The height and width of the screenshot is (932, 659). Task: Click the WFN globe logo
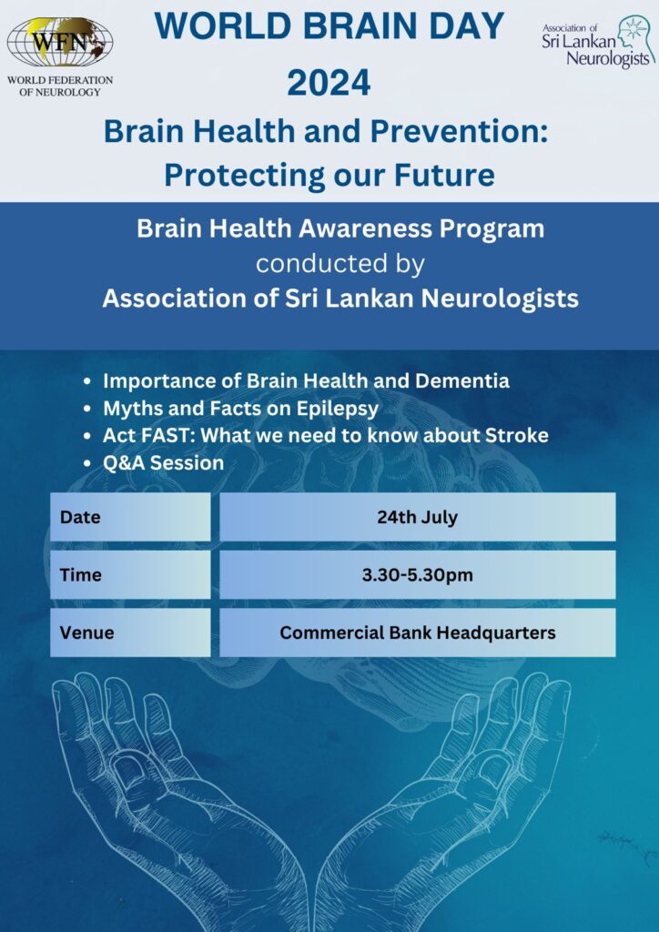click(59, 42)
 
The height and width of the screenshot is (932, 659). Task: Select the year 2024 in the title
click(329, 82)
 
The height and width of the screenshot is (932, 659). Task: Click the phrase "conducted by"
click(340, 264)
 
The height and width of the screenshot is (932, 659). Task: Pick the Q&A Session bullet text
click(164, 463)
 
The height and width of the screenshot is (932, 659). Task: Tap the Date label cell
click(130, 517)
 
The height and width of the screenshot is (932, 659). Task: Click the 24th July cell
click(417, 517)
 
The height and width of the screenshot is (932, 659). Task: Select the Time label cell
click(130, 574)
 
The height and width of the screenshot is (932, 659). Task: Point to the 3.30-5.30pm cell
click(417, 574)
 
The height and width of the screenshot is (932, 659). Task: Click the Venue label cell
click(130, 633)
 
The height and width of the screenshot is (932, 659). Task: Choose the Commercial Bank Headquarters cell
click(417, 633)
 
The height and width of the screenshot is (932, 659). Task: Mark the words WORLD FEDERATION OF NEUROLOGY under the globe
click(59, 86)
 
